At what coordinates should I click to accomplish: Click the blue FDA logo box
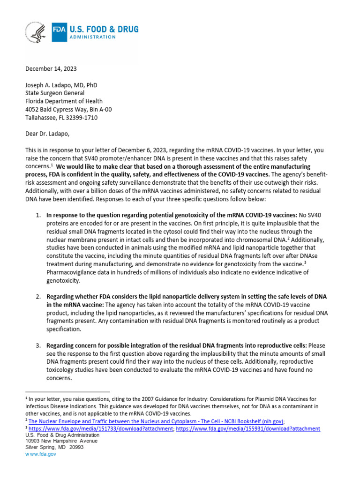point(59,32)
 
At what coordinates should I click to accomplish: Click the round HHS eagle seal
point(35,33)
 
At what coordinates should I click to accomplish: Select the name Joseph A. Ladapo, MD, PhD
point(61,85)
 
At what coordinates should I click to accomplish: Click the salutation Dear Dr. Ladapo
point(47,134)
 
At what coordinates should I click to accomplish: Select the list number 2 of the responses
point(38,297)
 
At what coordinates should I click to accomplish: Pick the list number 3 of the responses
point(38,345)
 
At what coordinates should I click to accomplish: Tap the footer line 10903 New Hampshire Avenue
point(62,441)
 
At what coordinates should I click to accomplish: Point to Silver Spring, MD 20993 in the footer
point(54,447)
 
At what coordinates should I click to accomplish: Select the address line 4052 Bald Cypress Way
point(68,109)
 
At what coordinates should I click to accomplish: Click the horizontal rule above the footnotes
point(67,391)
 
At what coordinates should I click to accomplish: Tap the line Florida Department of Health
point(64,101)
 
